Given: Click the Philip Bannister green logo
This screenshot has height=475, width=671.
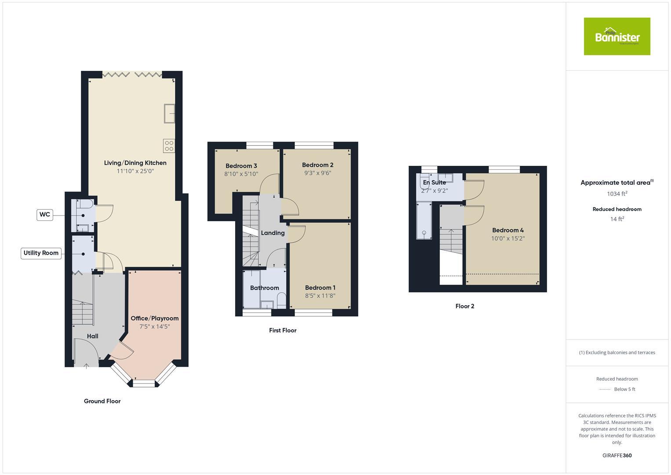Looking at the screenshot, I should tap(617, 37).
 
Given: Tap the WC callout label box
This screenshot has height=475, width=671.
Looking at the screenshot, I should tap(44, 215).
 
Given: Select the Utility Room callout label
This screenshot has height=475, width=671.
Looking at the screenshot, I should tap(41, 253).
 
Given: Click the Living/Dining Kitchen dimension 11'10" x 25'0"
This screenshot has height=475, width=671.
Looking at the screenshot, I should tap(135, 172).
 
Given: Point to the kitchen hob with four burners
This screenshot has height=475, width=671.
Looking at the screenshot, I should tap(169, 146).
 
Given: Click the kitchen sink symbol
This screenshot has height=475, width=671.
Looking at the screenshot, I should tap(169, 113).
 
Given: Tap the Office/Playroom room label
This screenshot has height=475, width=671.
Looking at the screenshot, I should tap(154, 318).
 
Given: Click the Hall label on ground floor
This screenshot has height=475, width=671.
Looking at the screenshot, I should tap(92, 336).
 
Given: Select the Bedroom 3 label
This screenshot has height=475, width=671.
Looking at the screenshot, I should tap(241, 166).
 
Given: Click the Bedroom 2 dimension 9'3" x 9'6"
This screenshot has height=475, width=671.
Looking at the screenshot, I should tap(318, 173).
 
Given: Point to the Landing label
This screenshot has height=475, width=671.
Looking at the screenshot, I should tap(272, 233).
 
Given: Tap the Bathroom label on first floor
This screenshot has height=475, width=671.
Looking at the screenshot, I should tap(265, 288).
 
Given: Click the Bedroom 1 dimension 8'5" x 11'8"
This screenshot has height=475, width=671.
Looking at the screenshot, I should tap(320, 296).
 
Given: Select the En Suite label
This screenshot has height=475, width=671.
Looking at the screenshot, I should tap(434, 183).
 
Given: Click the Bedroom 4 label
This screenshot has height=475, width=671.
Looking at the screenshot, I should tap(508, 230).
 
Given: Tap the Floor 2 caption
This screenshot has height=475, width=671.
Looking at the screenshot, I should tap(464, 307).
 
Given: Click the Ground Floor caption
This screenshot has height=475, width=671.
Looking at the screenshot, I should tap(102, 401).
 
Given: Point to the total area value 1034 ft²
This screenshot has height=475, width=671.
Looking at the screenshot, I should tap(617, 194).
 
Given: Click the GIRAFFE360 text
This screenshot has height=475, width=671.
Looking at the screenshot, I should tap(617, 456).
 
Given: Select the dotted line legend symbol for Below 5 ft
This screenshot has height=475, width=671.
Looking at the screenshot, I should tap(605, 390).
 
